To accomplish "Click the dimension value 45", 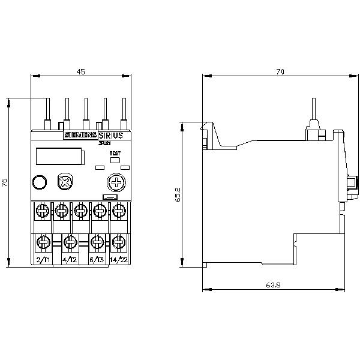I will click(81, 71).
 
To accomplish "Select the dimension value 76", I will click(5, 183).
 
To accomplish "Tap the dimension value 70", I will click(279, 71).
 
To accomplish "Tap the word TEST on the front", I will click(114, 154).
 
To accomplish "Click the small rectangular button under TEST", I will click(115, 160).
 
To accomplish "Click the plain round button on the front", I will click(39, 182).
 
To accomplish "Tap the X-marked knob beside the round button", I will click(63, 182).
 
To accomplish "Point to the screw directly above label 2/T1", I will click(43, 242).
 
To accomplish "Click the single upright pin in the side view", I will click(313, 111).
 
